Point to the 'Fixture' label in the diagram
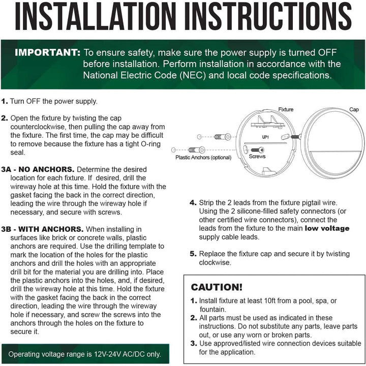(286, 109)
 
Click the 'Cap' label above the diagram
(354, 109)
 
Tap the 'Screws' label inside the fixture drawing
(257, 157)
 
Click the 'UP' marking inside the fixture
(265, 137)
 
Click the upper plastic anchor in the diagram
(222, 137)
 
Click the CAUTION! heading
(217, 287)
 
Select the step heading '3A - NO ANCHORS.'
(38, 169)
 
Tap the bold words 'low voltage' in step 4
(327, 228)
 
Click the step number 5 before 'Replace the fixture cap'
(193, 254)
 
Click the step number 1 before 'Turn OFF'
(4, 101)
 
